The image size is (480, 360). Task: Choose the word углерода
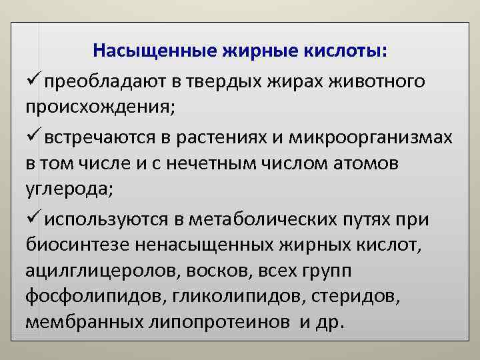click(69, 189)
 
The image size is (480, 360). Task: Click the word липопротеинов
click(221, 323)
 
